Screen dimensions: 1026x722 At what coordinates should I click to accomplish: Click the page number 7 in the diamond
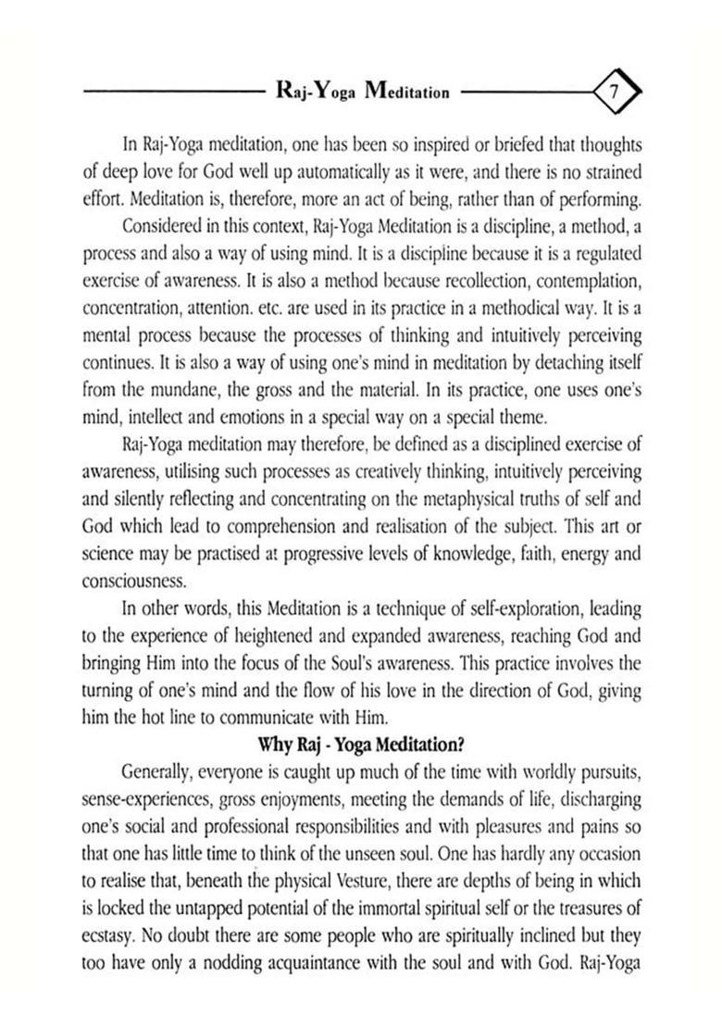(613, 92)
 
